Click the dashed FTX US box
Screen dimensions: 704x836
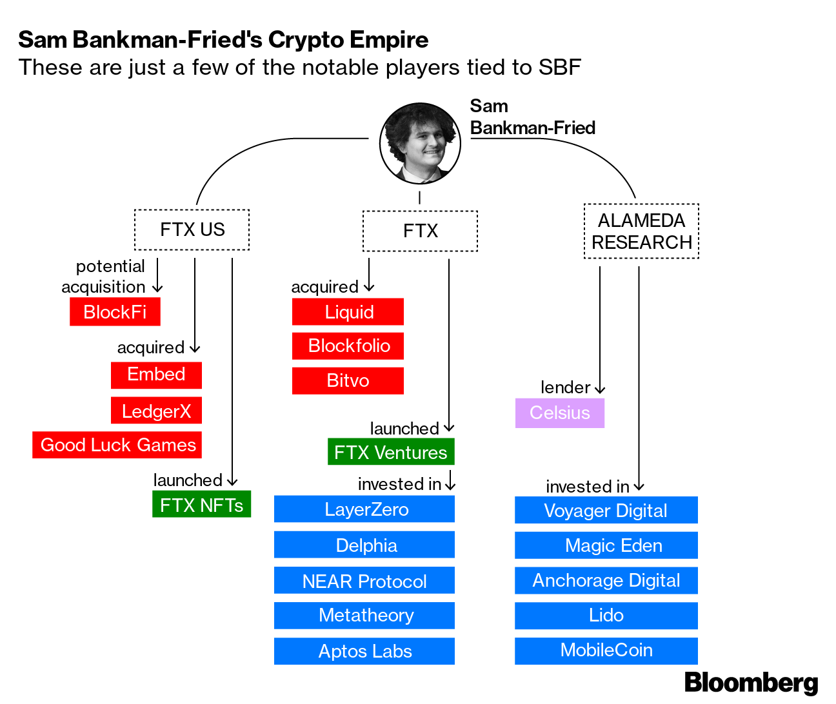(x=192, y=230)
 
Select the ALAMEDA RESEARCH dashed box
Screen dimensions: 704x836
(x=641, y=231)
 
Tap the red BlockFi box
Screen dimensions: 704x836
(x=115, y=312)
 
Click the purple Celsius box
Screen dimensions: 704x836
(x=559, y=413)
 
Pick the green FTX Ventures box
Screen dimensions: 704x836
(x=391, y=452)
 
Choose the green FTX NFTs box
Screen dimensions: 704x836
(x=201, y=505)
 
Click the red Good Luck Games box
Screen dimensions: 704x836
(x=117, y=445)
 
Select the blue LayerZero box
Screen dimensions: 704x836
(x=364, y=509)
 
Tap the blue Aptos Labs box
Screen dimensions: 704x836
(x=364, y=651)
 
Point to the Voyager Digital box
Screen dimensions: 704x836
(x=606, y=511)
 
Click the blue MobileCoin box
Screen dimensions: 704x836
(x=606, y=650)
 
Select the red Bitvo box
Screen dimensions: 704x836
(x=348, y=380)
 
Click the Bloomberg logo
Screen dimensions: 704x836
(x=751, y=682)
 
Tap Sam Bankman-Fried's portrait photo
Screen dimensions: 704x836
(x=420, y=143)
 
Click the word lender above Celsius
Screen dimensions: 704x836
(x=565, y=387)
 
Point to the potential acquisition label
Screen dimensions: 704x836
(x=104, y=277)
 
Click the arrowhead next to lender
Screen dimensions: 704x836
(x=600, y=389)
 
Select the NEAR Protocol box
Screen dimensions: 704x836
(x=364, y=581)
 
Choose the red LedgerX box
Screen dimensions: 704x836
(x=156, y=411)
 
